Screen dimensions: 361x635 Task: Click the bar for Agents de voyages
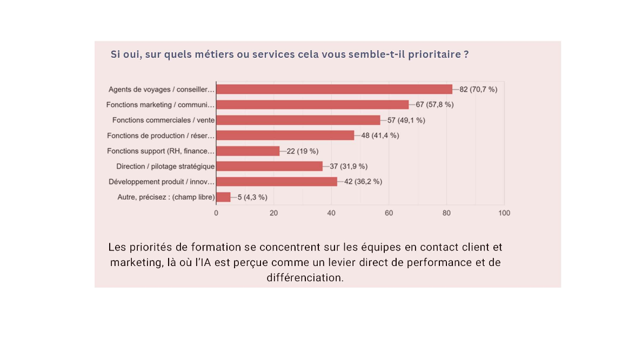click(x=334, y=90)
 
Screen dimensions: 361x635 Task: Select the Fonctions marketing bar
click(x=312, y=105)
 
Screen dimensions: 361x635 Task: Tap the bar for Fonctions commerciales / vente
click(x=298, y=120)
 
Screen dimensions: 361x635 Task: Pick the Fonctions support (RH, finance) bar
click(x=248, y=151)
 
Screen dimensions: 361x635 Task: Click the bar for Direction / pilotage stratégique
click(x=269, y=166)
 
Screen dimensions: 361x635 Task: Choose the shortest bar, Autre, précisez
click(x=223, y=197)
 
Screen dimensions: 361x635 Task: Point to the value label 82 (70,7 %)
click(x=478, y=90)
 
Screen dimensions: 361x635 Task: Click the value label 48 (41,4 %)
click(x=380, y=135)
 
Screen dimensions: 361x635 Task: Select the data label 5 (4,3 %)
click(x=252, y=197)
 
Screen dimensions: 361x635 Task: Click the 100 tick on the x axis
click(x=504, y=213)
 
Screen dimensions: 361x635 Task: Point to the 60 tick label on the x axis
click(x=389, y=213)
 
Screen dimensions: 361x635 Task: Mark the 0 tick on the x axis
click(x=216, y=213)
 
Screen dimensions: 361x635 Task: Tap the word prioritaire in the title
click(x=435, y=55)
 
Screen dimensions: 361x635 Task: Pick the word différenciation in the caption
click(x=305, y=278)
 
